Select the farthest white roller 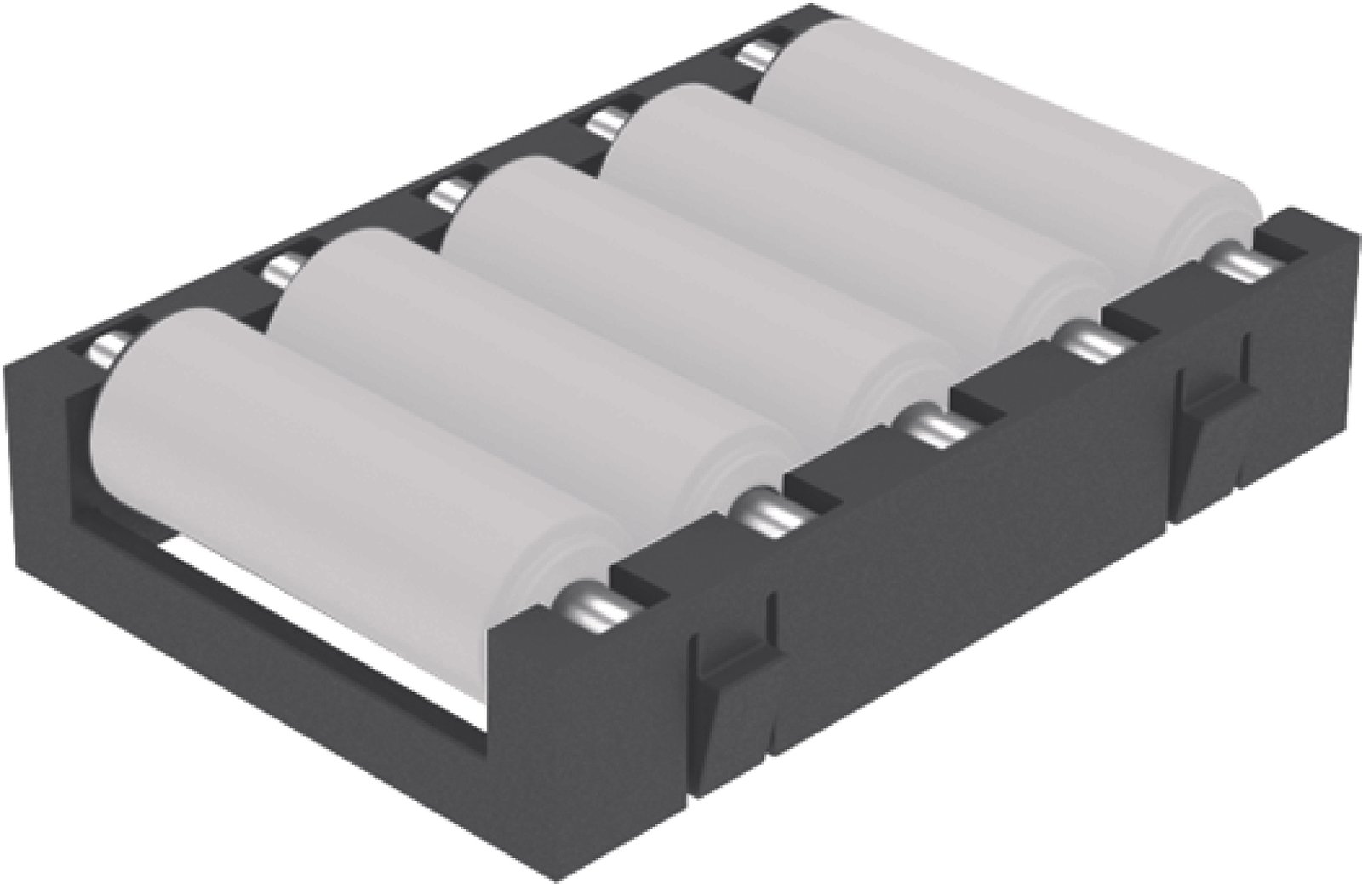[x=1004, y=128]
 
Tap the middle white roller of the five [x=681, y=281]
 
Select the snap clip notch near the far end [x=1213, y=400]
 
